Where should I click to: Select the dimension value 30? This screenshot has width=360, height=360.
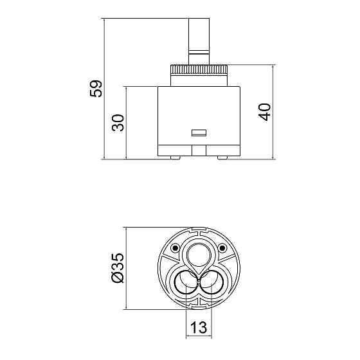(x=118, y=122)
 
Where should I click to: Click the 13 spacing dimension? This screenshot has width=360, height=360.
(x=199, y=328)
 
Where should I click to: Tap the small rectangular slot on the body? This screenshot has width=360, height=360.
(x=199, y=133)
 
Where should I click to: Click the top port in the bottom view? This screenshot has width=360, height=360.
(x=198, y=255)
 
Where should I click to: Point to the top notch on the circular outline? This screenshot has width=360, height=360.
(x=198, y=229)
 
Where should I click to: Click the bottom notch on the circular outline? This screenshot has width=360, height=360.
(x=198, y=309)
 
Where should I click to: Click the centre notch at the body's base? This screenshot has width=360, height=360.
(x=199, y=150)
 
